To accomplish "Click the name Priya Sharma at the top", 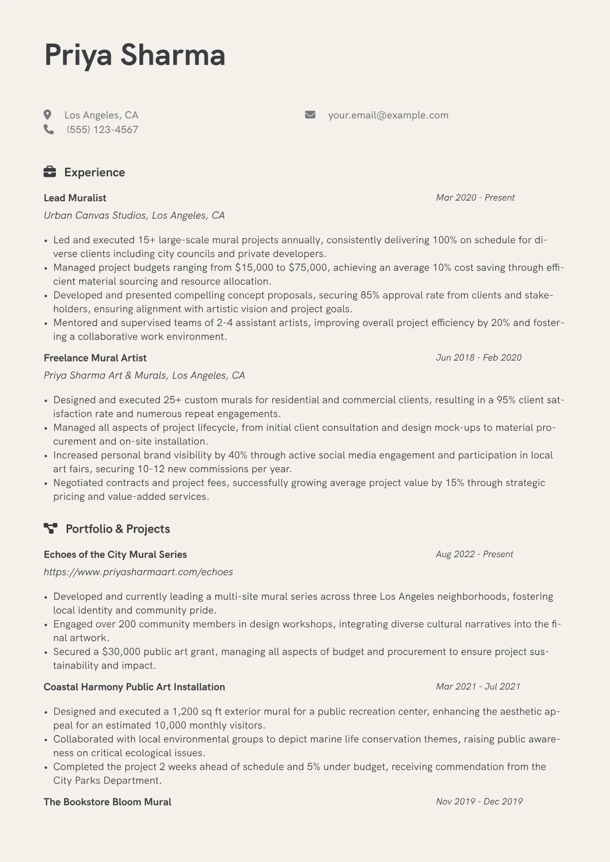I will click(135, 55).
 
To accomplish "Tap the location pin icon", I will click(48, 115).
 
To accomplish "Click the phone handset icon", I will click(49, 129).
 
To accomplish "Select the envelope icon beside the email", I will click(310, 115).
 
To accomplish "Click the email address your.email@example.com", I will click(388, 115).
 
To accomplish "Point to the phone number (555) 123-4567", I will click(102, 130).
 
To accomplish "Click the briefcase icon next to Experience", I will click(50, 172).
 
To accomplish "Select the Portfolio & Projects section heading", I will click(117, 529).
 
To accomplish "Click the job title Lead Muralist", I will click(75, 198).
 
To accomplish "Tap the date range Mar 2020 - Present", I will click(475, 198).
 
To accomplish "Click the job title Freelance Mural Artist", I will click(95, 358).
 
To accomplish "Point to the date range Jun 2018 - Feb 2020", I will click(478, 358).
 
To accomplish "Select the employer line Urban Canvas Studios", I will click(134, 216).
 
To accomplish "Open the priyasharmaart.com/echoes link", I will click(138, 572).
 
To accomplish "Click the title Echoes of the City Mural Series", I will click(115, 554).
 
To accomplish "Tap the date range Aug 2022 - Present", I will click(474, 554).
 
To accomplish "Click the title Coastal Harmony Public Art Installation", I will click(134, 687).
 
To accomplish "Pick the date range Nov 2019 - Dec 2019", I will click(479, 802).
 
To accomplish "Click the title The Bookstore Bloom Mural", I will click(107, 802).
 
